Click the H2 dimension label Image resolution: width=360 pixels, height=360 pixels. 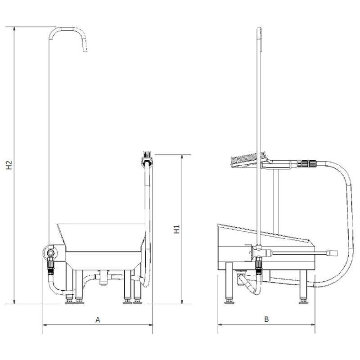point(9,165)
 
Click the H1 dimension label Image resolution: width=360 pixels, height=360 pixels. point(176,229)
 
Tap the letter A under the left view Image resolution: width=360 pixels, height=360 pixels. point(98,319)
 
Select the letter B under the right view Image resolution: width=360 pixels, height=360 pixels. point(266,319)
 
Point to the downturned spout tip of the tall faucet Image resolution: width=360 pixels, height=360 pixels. point(85,49)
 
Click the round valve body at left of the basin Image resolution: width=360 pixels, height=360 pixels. point(50,253)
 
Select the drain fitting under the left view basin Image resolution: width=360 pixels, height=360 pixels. point(103,277)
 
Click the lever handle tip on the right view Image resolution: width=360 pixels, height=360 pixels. point(333,253)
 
